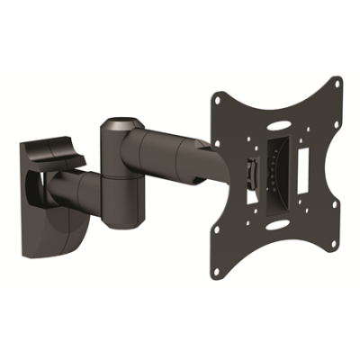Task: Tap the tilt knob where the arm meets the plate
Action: tap(247, 171)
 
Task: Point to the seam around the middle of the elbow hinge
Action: tap(122, 175)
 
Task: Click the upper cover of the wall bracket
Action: tap(55, 150)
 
